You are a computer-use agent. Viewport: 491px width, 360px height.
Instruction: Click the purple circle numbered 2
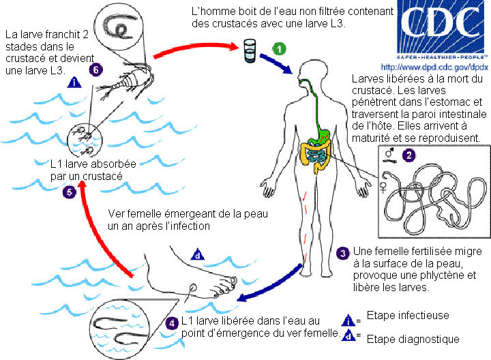408,155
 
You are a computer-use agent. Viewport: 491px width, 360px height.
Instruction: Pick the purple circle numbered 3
344,253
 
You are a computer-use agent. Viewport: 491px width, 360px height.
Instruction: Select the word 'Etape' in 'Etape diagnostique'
380,338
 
